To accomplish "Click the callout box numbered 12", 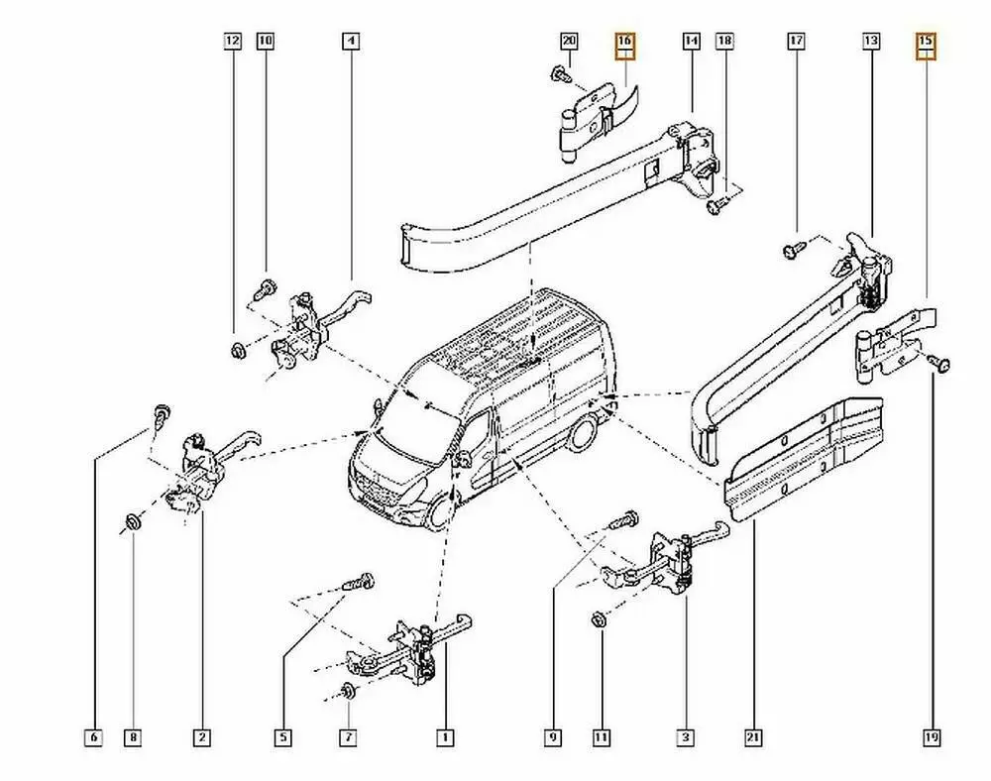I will pos(232,42).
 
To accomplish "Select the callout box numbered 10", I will pos(265,42).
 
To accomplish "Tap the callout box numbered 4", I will pos(351,42).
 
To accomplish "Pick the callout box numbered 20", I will pos(568,42).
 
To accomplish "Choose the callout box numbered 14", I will pos(691,42).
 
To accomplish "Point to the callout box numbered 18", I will pos(724,42).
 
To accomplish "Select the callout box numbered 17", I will pos(796,42).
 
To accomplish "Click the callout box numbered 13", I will pos(870,42).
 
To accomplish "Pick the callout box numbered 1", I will pos(445,737).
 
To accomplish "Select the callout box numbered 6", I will pos(93,737).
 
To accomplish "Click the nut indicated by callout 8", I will pos(133,521).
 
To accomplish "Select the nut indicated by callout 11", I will pos(599,620).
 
